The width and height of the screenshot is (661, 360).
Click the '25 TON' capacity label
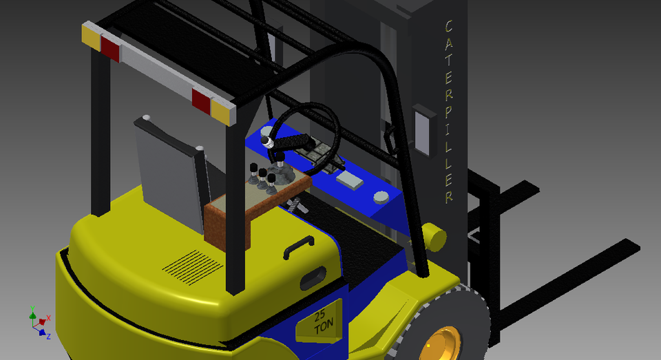320,323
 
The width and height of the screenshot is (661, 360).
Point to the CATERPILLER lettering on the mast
448,110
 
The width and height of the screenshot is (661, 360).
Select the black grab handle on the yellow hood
298,246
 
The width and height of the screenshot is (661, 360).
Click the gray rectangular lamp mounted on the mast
423,129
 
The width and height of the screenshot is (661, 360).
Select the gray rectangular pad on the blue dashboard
350,180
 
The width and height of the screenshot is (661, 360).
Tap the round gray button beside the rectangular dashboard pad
381,198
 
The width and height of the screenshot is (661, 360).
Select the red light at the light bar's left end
110,47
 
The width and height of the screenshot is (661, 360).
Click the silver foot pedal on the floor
297,204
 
